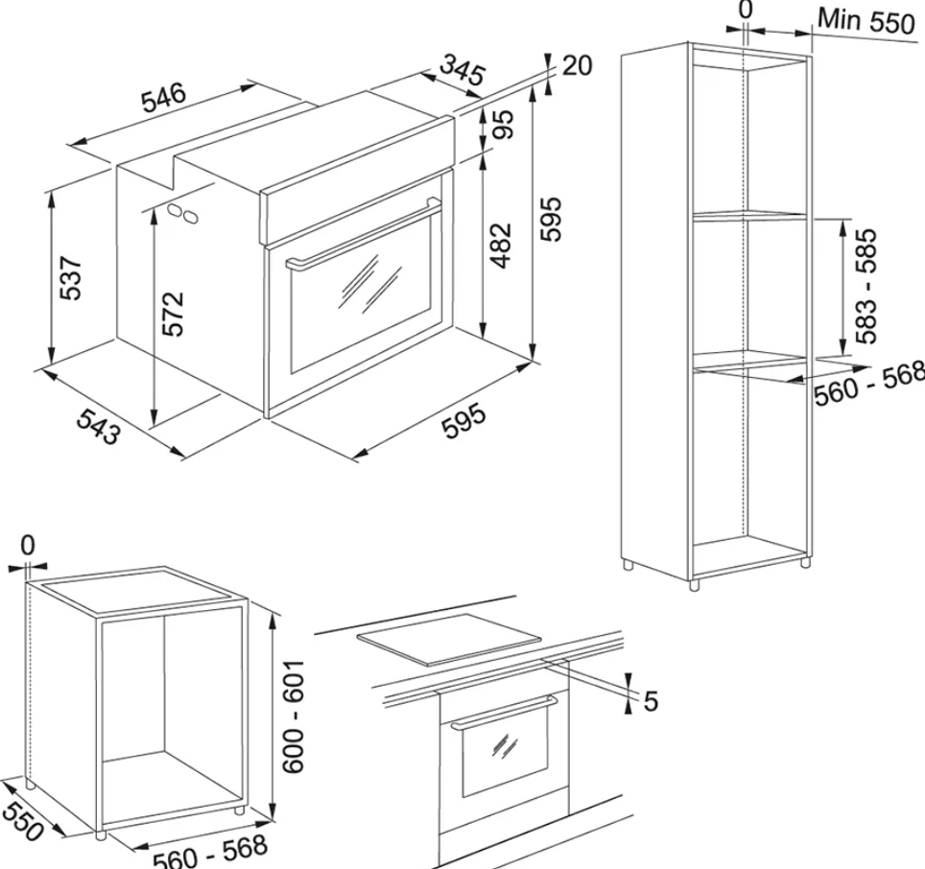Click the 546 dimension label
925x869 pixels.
coord(164,98)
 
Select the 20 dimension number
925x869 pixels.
coord(577,65)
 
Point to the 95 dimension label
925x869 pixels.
coord(503,125)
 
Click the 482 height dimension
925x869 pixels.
coord(502,246)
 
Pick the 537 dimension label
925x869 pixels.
coord(70,278)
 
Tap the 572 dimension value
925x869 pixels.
coord(173,313)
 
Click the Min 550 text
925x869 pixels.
coord(866,22)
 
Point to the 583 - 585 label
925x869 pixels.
coord(866,286)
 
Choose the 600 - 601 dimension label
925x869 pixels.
coord(294,716)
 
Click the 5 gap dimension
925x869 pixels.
coord(651,701)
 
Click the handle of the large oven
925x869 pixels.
coord(362,234)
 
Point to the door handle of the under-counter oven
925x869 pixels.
coord(503,713)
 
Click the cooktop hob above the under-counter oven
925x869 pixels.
coord(449,641)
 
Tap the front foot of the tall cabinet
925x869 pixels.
coord(694,584)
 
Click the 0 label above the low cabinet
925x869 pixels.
coord(28,546)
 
